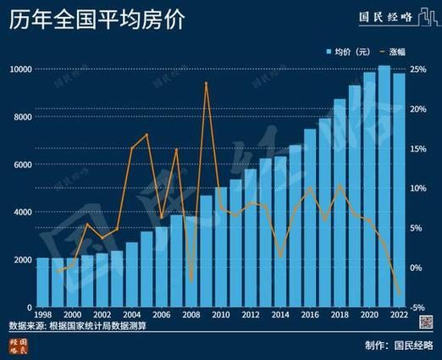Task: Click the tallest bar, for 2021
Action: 384,186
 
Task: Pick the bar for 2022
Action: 399,191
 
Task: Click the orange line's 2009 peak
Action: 207,83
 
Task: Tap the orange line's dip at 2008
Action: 191,280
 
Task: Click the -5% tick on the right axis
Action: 417,307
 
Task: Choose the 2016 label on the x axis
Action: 310,315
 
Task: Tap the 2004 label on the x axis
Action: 130,315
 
